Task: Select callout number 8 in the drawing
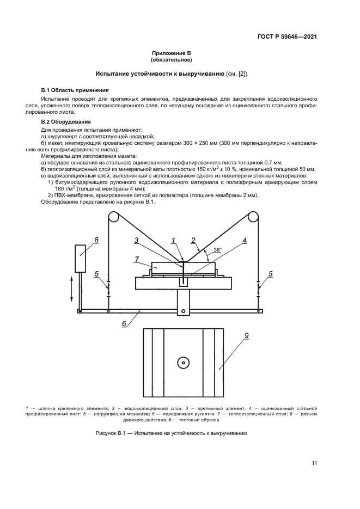pyautogui.click(x=96, y=240)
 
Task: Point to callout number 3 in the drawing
pyautogui.click(x=137, y=240)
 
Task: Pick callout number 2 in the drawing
pyautogui.click(x=193, y=240)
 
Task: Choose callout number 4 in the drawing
pyautogui.click(x=245, y=240)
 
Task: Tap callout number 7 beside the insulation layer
pyautogui.click(x=137, y=260)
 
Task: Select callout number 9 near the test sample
pyautogui.click(x=247, y=336)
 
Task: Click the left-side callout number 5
pyautogui.click(x=96, y=274)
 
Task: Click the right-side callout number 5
pyautogui.click(x=270, y=274)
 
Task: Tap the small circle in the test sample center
pyautogui.click(x=183, y=362)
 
